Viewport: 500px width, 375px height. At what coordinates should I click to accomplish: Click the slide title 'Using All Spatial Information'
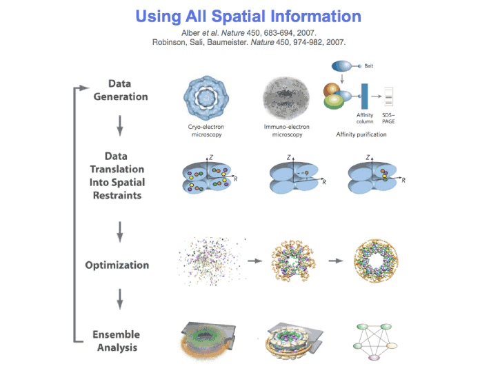[248, 16]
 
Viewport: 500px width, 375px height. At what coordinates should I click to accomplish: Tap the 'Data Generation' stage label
[121, 90]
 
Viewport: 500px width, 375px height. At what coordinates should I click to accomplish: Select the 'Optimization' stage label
[117, 265]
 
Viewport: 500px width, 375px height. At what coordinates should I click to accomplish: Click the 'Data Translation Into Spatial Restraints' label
[117, 176]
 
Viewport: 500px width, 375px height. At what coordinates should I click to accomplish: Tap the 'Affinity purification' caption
[361, 134]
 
